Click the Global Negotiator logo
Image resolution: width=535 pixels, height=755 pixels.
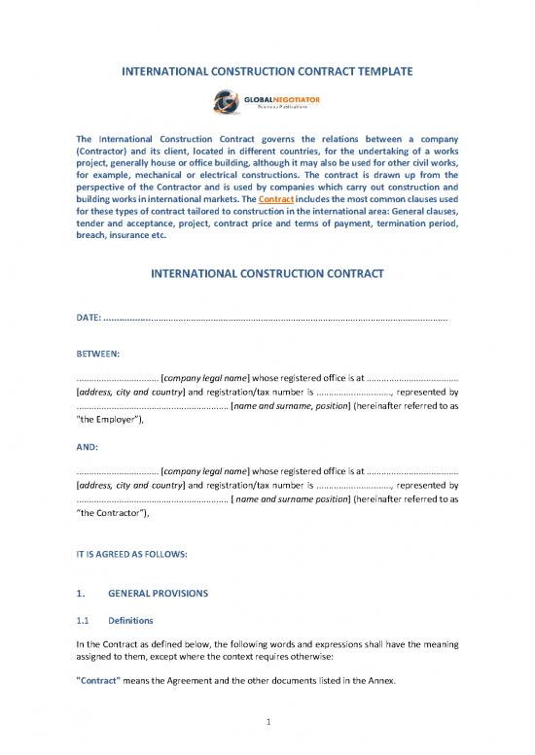(x=267, y=101)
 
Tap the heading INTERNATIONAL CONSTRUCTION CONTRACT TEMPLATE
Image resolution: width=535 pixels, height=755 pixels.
(x=267, y=71)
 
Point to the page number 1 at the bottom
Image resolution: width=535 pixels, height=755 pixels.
(x=267, y=722)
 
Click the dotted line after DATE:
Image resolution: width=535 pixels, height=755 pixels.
(x=282, y=319)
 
